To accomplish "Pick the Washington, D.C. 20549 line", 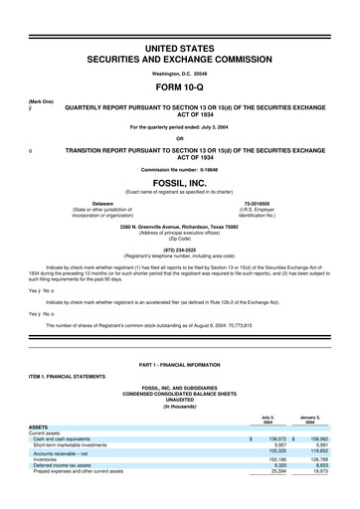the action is [180, 61].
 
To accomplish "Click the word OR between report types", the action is [180, 138].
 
